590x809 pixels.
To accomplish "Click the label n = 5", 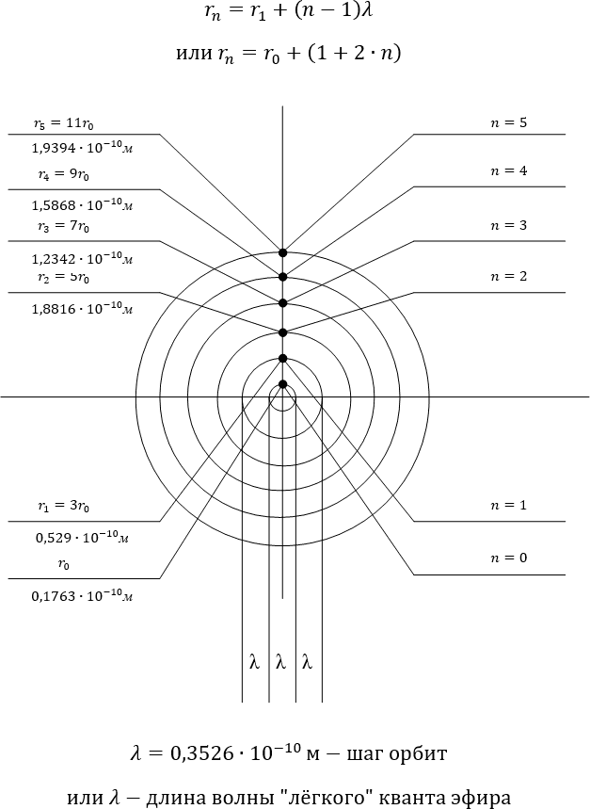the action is click(x=508, y=122).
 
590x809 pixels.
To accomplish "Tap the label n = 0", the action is click(x=508, y=558).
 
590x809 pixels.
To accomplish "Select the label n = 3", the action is click(x=508, y=225).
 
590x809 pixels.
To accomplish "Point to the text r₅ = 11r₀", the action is click(x=63, y=123).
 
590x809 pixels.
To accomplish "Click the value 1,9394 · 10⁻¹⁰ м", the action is click(x=83, y=148).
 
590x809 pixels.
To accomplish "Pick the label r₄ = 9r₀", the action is click(x=63, y=174).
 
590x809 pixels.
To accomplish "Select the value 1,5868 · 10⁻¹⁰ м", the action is click(x=83, y=204).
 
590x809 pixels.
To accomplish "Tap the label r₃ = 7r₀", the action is click(x=63, y=226).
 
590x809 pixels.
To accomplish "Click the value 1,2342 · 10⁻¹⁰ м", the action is click(x=83, y=258).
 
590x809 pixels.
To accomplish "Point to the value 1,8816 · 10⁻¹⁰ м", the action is click(x=83, y=309).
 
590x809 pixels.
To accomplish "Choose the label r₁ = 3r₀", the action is click(x=63, y=506).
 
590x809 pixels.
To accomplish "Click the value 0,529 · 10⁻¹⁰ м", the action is click(x=83, y=538).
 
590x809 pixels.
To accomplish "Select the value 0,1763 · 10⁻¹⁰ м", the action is click(x=83, y=596).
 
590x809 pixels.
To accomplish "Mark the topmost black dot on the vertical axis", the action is click(x=282, y=252).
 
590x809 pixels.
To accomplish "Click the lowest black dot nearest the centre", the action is click(x=282, y=384).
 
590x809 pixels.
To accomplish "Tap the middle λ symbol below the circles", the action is click(x=280, y=661).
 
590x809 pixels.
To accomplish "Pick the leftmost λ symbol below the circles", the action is click(x=254, y=661).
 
